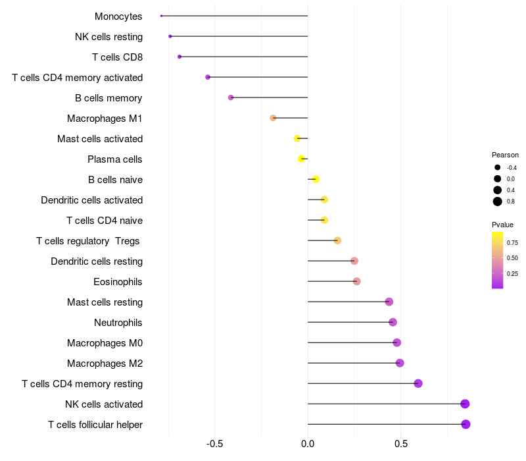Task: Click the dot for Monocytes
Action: click(161, 16)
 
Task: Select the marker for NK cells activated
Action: click(465, 404)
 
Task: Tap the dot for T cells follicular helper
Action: click(466, 424)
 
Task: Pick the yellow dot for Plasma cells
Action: click(301, 159)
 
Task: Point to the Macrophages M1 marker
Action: click(273, 118)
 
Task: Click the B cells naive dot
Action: click(316, 179)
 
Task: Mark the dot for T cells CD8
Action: click(179, 57)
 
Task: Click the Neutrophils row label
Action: click(118, 323)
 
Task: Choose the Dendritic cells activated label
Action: click(91, 200)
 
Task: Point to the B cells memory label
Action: click(108, 98)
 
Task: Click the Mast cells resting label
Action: click(105, 302)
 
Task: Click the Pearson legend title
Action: click(505, 155)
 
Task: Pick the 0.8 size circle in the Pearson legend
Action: click(498, 202)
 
